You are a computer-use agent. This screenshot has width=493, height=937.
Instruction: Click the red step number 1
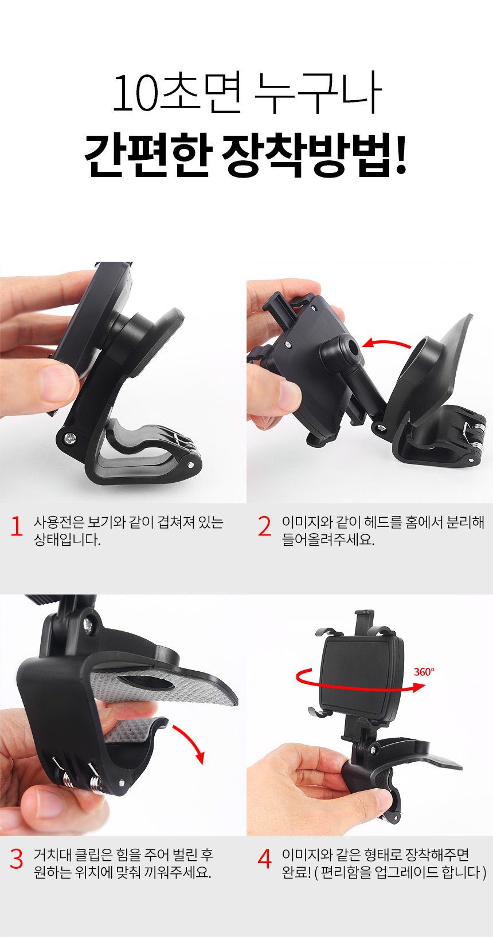point(17,526)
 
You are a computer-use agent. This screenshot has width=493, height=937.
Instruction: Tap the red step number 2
point(264,526)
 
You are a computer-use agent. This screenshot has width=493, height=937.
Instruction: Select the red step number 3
point(16,859)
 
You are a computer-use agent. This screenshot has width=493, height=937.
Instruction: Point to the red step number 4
point(265,859)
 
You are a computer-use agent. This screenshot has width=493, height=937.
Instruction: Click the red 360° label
point(424,672)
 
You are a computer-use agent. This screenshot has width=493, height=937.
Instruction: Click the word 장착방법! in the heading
point(314,155)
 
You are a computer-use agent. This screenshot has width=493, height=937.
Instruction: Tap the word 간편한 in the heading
point(147,155)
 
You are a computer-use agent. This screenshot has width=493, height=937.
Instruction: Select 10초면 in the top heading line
point(177,92)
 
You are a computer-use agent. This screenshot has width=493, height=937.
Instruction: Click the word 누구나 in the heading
point(318,92)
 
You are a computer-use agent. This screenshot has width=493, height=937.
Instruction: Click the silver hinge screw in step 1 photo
point(69,438)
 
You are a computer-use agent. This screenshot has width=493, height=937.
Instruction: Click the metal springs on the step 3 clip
point(81,778)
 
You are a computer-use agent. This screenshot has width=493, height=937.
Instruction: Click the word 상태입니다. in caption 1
point(68,540)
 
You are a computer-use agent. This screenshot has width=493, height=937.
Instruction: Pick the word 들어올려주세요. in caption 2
point(328,540)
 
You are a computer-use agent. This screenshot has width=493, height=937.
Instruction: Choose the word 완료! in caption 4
point(296,872)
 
